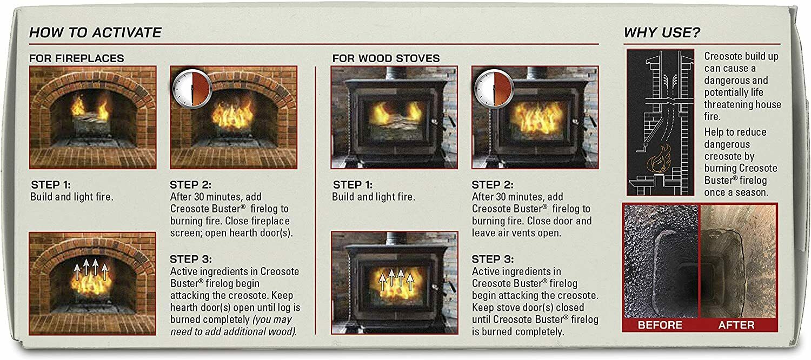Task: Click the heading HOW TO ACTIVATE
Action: [x=95, y=32]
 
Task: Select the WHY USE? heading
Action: [x=662, y=32]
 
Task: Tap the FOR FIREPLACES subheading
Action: [x=76, y=58]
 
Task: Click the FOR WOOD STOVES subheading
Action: [x=385, y=58]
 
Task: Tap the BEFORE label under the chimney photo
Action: [x=660, y=325]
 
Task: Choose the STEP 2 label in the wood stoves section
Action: [x=493, y=184]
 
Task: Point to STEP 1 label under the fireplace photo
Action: [x=50, y=184]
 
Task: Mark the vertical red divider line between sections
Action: [x=315, y=200]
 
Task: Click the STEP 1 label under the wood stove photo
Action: [x=353, y=184]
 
